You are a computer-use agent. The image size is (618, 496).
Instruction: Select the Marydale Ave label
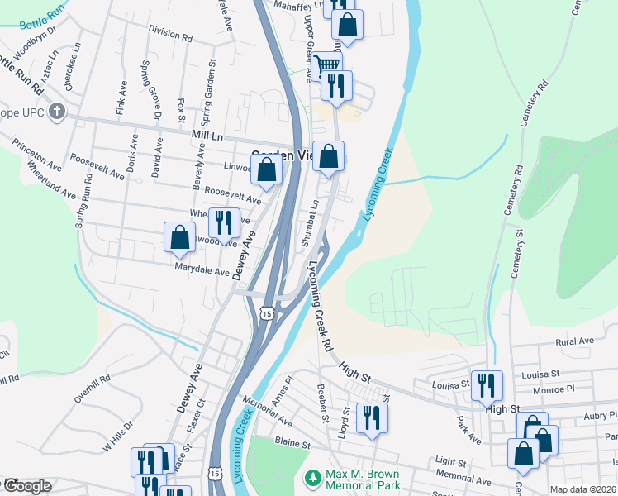point(202,271)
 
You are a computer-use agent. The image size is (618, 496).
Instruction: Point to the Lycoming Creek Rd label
point(320,305)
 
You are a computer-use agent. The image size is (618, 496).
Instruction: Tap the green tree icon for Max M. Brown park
point(312,478)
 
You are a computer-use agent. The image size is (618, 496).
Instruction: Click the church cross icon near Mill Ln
point(56,111)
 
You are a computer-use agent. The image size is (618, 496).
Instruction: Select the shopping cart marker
point(327,64)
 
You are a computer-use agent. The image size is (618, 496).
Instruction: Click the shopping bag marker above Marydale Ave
point(179,238)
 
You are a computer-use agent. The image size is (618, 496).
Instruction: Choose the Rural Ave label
point(575,341)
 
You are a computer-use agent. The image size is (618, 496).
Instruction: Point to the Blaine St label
point(292,444)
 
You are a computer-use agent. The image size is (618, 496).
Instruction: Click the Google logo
point(26,486)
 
